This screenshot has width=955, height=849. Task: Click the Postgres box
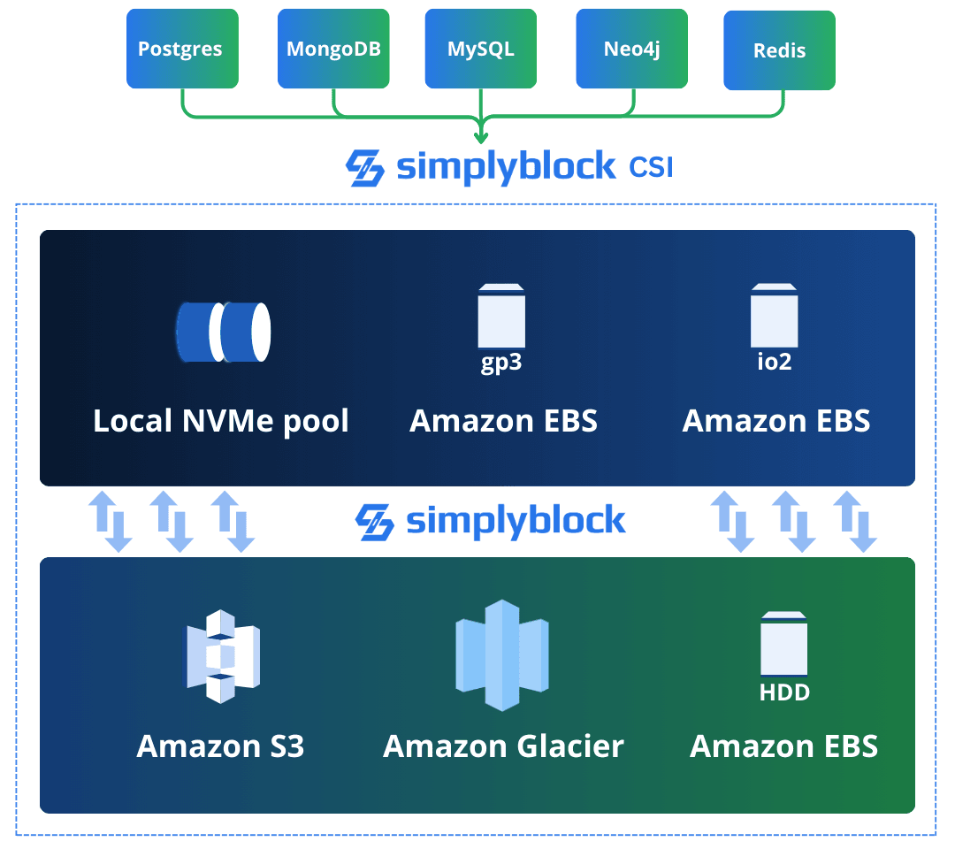tap(182, 49)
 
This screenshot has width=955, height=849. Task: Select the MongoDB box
tap(333, 49)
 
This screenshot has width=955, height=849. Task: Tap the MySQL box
tap(480, 49)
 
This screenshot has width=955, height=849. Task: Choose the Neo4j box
tap(631, 49)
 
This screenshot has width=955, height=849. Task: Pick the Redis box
tap(779, 50)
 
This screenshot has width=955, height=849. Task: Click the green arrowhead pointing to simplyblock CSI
tap(481, 136)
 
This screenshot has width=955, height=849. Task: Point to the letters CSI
tap(650, 166)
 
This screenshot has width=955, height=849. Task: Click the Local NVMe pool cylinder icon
tap(223, 332)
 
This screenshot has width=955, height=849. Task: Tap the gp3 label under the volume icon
tap(501, 363)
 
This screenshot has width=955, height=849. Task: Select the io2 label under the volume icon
tap(774, 362)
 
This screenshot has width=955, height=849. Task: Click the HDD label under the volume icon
tap(784, 692)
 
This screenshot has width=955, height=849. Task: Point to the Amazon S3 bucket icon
tap(221, 655)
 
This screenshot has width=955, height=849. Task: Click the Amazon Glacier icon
tap(502, 654)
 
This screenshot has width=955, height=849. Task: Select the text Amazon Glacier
tap(503, 746)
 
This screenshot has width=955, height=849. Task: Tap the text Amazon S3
tap(220, 746)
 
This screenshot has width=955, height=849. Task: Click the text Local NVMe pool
tap(221, 421)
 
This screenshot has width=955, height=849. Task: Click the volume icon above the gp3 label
tap(501, 316)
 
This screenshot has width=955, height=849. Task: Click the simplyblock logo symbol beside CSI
tap(364, 168)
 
